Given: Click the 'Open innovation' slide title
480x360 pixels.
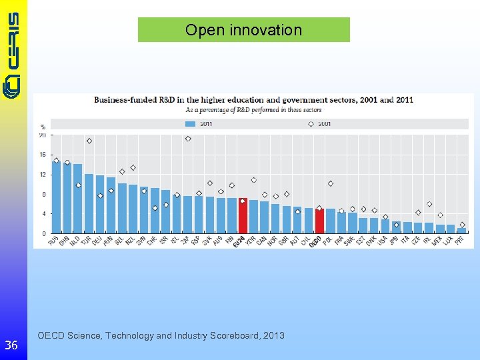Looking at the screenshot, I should pyautogui.click(x=243, y=30).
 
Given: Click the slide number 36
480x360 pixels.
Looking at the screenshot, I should pyautogui.click(x=11, y=345).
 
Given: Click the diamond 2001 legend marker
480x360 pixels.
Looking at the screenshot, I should pyautogui.click(x=311, y=124).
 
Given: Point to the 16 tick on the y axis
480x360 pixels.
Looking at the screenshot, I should pyautogui.click(x=43, y=155).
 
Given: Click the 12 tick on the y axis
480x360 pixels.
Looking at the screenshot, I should pyautogui.click(x=43, y=175).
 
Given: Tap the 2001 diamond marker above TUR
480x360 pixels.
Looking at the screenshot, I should pyautogui.click(x=89, y=141).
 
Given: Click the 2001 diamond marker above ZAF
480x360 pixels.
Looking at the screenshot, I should pyautogui.click(x=188, y=139).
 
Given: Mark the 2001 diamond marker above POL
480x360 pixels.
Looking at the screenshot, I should pyautogui.click(x=331, y=183).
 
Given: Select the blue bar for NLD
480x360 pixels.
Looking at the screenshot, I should pyautogui.click(x=78, y=199).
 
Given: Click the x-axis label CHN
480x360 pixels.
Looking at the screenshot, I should pyautogui.click(x=65, y=241).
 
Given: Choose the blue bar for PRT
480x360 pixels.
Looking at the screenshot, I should pyautogui.click(x=461, y=231).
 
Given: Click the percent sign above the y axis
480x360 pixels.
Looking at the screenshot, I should pyautogui.click(x=43, y=127).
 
